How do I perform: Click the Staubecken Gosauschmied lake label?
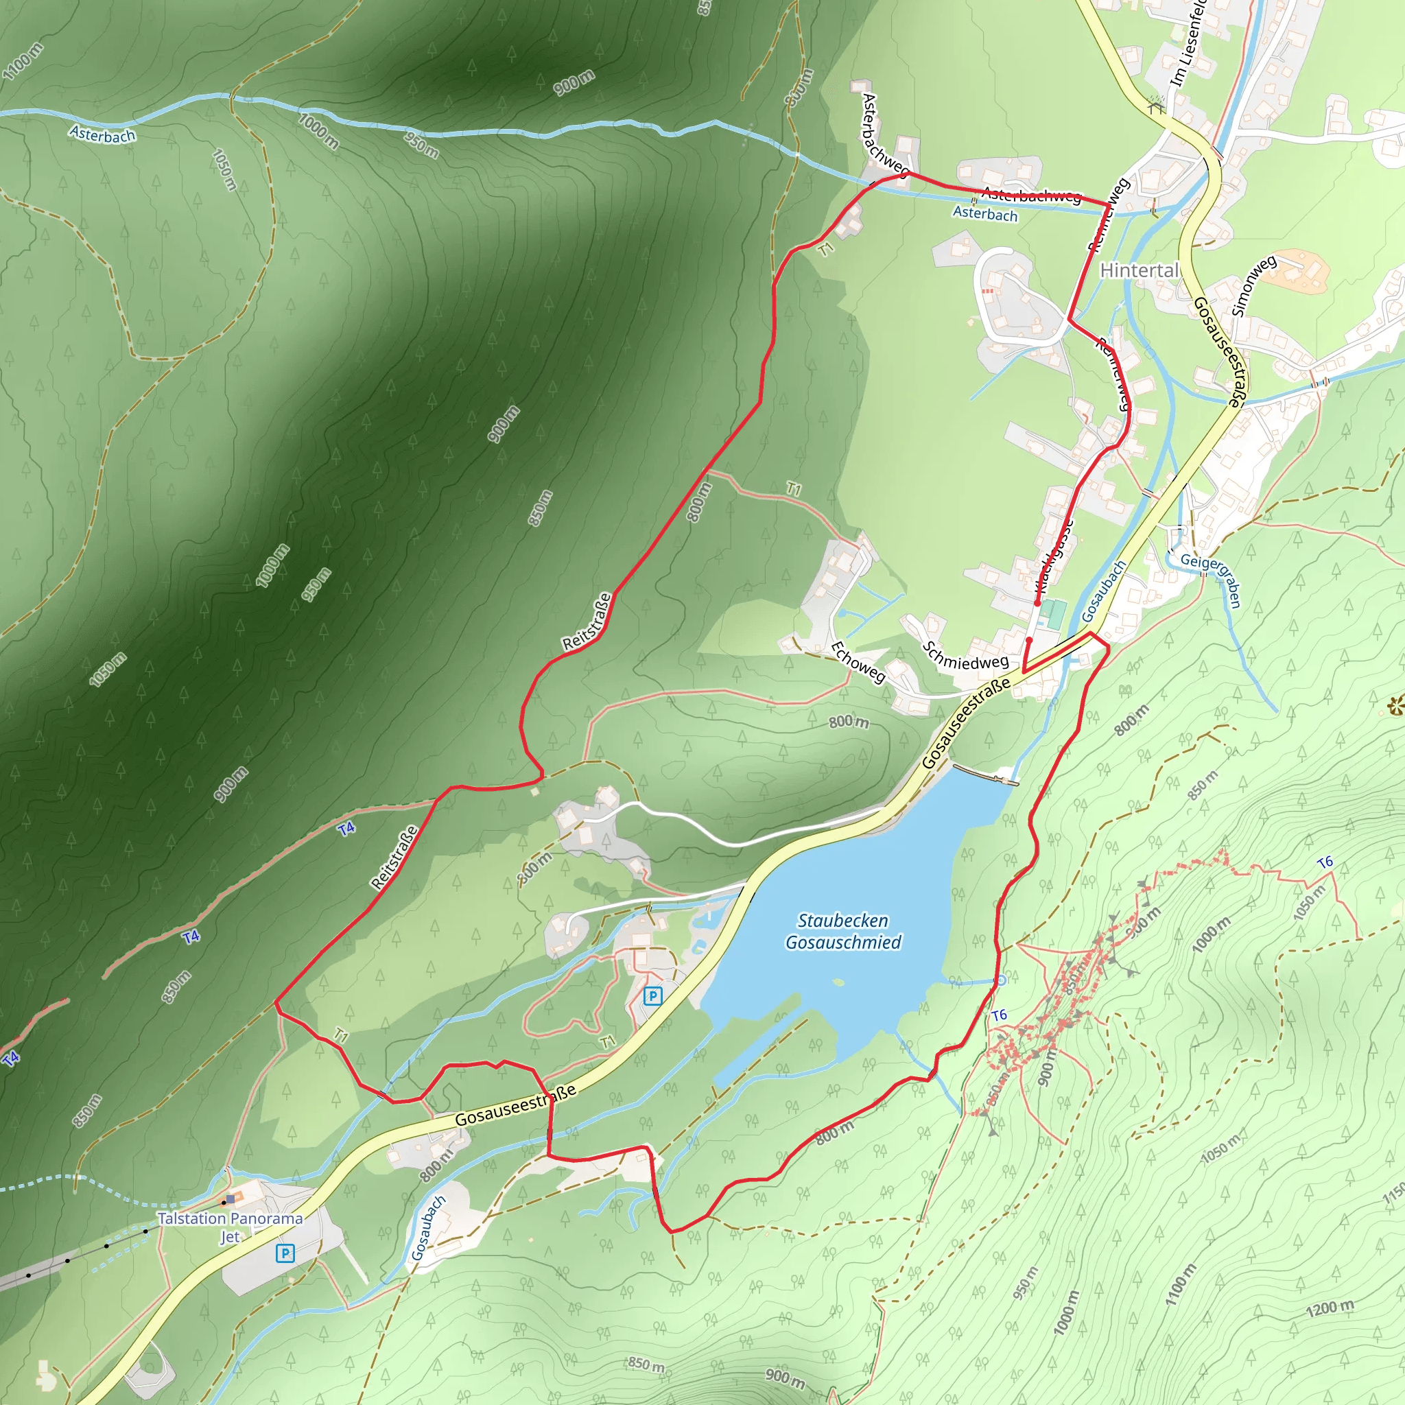tap(843, 932)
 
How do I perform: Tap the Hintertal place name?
tap(1139, 270)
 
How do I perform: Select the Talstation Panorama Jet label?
tap(230, 1227)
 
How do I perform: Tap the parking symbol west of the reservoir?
tap(652, 996)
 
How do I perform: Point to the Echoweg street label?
tap(858, 663)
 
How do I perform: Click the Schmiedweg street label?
tap(965, 656)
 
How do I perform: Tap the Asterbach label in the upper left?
tap(102, 134)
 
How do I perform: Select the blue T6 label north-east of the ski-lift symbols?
tap(1325, 862)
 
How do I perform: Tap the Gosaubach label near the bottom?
tap(427, 1227)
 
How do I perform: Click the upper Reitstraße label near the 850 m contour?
tap(587, 622)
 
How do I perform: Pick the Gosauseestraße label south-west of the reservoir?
tap(516, 1105)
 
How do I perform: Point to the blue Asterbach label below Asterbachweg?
tap(984, 214)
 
